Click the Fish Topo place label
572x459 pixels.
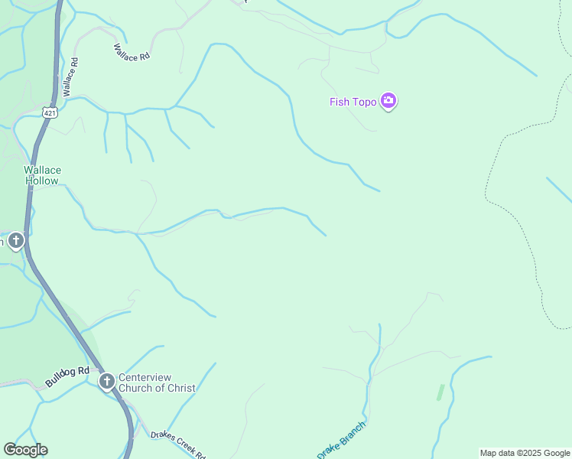353,102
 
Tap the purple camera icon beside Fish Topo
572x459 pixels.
388,101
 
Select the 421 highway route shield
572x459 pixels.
50,112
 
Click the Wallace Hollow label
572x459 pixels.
42,175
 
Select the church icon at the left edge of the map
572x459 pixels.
15,242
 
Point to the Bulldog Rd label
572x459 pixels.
67,376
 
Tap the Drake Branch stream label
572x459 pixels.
342,438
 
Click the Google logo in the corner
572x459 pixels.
25,450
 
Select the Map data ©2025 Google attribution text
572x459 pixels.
525,453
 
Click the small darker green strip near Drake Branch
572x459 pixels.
440,392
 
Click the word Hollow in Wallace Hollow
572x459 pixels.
42,181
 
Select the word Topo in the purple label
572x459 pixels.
365,102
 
